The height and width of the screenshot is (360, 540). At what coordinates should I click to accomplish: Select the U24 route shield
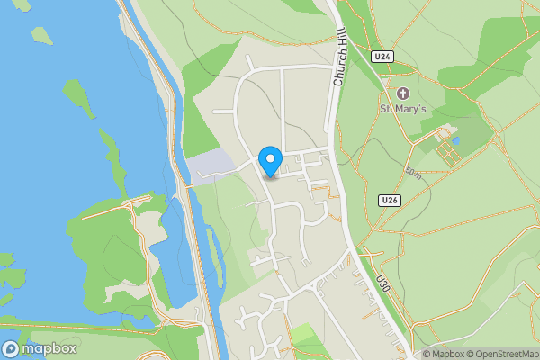coord(383,57)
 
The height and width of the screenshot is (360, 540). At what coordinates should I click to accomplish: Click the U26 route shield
coord(389,200)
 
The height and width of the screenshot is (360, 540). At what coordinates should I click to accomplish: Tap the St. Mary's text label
coord(401,109)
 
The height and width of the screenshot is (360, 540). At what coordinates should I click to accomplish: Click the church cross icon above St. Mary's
coord(401,93)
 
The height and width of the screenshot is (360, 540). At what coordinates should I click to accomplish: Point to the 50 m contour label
coord(412,172)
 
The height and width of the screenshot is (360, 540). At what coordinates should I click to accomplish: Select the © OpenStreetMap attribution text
coord(502,354)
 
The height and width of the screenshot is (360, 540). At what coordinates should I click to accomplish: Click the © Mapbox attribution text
coord(441,354)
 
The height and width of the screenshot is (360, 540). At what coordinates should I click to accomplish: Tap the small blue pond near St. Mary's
coord(455,141)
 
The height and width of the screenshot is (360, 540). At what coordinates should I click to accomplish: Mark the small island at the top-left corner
coord(41,35)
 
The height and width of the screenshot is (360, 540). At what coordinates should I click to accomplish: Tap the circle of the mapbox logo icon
coord(12,348)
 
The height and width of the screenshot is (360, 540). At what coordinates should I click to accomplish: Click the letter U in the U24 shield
coord(378,57)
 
